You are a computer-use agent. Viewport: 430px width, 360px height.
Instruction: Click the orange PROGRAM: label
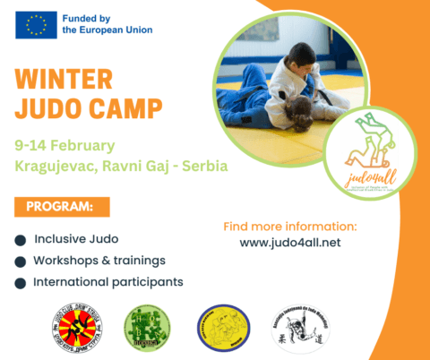click(x=62, y=207)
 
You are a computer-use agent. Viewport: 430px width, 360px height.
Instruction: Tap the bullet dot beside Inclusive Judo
click(x=21, y=240)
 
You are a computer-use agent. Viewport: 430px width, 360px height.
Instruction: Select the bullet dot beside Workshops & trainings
click(x=21, y=261)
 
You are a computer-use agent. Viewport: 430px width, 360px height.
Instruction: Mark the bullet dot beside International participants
click(x=21, y=283)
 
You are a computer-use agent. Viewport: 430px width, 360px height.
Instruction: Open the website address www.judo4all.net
click(x=290, y=242)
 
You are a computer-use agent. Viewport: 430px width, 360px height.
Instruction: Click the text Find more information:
click(x=289, y=226)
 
